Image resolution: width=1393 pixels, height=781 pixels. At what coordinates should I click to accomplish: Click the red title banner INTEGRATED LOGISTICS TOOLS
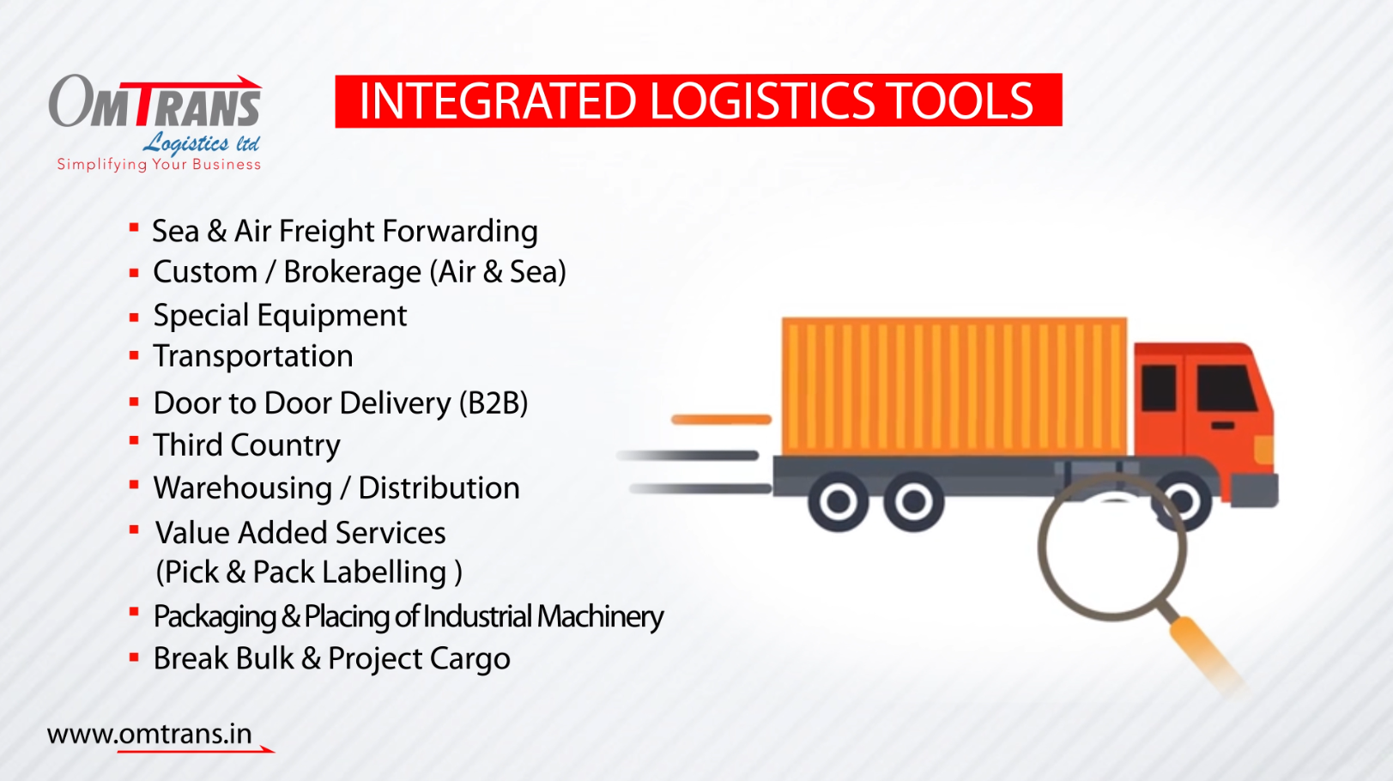click(x=699, y=100)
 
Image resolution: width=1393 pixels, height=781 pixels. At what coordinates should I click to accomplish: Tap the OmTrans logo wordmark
click(x=155, y=102)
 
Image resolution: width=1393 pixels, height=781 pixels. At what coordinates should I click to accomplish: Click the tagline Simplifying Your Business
click(x=159, y=165)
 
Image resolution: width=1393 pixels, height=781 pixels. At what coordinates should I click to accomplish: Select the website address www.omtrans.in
click(x=149, y=735)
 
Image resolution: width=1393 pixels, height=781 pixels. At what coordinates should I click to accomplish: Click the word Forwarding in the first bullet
click(x=460, y=233)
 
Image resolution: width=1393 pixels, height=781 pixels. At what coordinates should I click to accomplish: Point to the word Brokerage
click(x=353, y=272)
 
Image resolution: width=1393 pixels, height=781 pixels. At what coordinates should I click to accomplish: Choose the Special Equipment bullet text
click(x=280, y=316)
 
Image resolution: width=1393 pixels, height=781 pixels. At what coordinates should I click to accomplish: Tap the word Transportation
click(x=253, y=356)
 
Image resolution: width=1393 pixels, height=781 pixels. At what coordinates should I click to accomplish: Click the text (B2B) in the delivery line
click(x=494, y=403)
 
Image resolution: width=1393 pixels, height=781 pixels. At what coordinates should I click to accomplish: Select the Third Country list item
click(x=247, y=445)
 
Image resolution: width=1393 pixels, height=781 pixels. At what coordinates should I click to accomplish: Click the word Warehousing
click(x=243, y=488)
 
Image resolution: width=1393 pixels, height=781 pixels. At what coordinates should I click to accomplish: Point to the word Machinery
click(x=600, y=617)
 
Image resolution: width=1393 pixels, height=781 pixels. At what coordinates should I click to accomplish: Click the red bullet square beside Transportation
click(x=134, y=355)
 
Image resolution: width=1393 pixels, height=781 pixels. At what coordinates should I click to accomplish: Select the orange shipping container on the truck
click(x=954, y=386)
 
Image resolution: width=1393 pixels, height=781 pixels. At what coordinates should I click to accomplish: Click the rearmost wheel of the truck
click(x=839, y=501)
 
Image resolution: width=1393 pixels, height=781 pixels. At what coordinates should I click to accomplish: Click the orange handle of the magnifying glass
click(x=1207, y=653)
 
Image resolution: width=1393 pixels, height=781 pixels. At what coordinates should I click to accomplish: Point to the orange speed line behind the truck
click(x=721, y=420)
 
